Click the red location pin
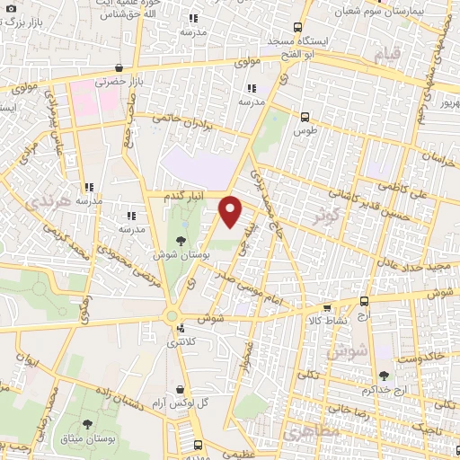point(231,211)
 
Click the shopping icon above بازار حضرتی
point(119,67)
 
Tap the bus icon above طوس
point(305,117)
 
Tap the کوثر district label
point(325,217)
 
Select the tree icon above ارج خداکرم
point(385,376)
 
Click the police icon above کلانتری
point(180,328)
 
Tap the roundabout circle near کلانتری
point(171,315)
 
